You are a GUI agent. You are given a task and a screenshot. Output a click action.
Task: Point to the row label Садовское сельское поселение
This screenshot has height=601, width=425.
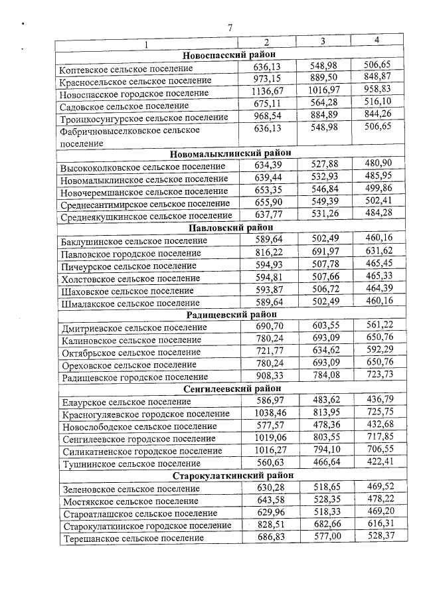[115, 106]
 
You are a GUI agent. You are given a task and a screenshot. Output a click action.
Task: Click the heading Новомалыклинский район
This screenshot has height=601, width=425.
[230, 155]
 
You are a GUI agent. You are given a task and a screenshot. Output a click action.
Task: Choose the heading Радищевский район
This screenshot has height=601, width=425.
[230, 315]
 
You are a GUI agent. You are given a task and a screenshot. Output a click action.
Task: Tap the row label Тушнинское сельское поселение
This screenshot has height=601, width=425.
[121, 463]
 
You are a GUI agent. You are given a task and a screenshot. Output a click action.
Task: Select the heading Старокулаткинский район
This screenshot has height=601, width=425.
[230, 475]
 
